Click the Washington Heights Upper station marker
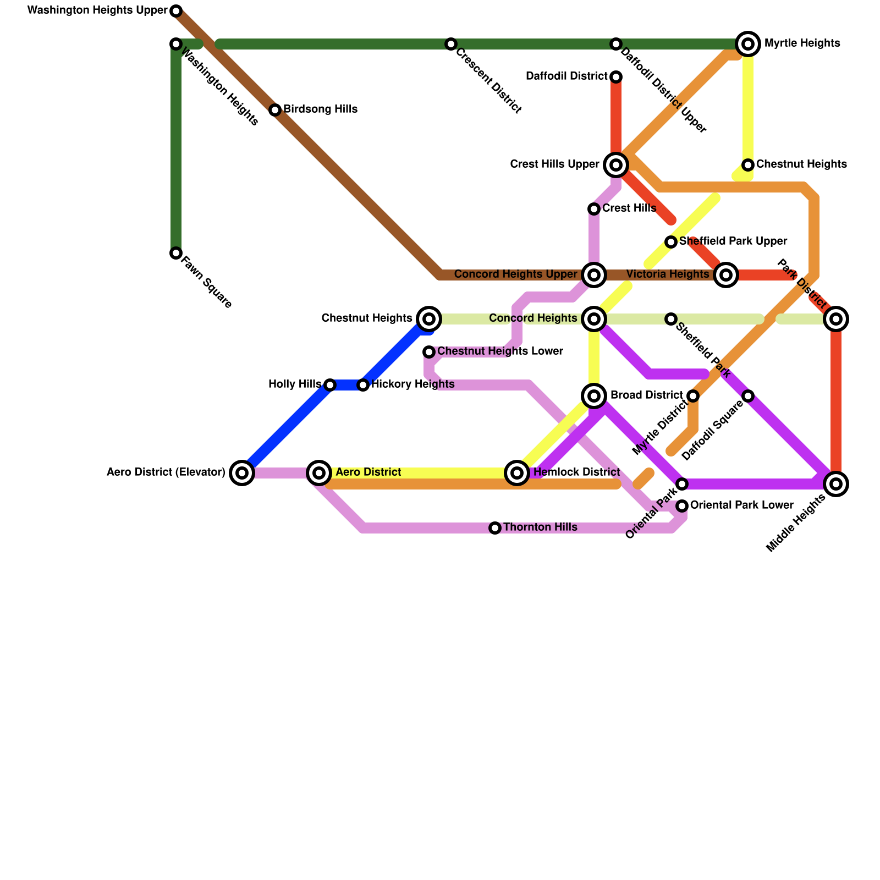[176, 11]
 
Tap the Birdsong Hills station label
[320, 109]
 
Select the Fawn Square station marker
[176, 253]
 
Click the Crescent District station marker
[451, 44]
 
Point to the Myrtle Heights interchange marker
[748, 44]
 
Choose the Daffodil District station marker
[616, 77]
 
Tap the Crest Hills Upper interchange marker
[616, 165]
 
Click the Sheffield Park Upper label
[733, 241]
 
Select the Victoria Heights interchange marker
[726, 275]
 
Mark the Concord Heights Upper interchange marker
[594, 275]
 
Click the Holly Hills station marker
[330, 385]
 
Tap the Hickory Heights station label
[413, 384]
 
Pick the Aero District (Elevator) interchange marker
[242, 473]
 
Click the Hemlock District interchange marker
[517, 473]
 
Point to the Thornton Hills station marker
[495, 528]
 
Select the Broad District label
[646, 395]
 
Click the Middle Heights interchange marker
[836, 484]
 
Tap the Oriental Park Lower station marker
[682, 506]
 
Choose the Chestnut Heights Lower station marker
[429, 352]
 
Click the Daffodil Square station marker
[748, 396]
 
